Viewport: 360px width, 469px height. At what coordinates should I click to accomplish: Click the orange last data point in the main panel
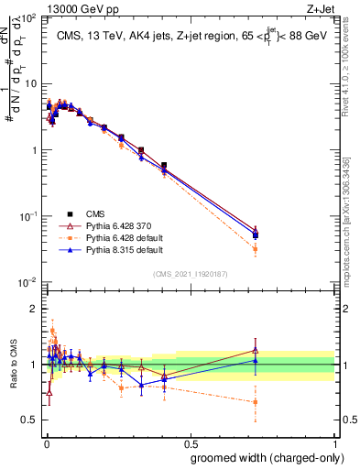(256, 249)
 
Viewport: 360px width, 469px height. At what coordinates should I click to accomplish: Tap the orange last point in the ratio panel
(256, 402)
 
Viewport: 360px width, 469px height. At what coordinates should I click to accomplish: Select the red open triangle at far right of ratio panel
(256, 349)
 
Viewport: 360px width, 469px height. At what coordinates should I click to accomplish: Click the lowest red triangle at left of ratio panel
(49, 392)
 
